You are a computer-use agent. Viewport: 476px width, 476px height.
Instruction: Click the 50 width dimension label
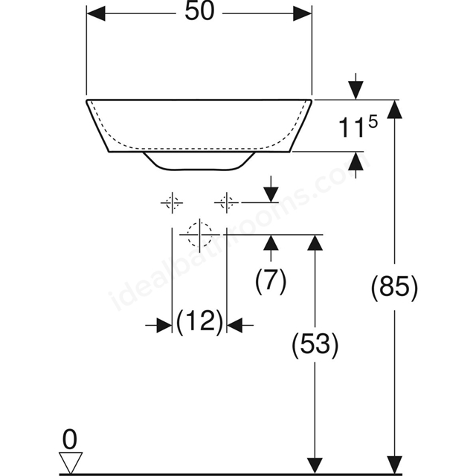pos(199,12)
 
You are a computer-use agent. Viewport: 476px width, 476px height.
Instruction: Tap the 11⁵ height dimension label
pos(358,126)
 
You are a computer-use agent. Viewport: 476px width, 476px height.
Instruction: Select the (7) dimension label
pos(271,281)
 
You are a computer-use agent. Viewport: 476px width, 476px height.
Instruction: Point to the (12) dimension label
pos(199,322)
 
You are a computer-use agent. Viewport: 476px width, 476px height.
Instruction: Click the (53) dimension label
pos(315,345)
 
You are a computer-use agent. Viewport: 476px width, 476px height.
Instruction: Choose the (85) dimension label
pos(394,287)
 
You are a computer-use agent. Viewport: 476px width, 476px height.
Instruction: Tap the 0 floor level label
pos(70,440)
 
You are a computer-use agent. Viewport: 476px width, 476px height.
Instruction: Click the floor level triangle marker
pos(71,463)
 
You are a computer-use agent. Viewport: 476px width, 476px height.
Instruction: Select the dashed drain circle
pos(199,235)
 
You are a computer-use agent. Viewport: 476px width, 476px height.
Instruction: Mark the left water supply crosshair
pos(172,202)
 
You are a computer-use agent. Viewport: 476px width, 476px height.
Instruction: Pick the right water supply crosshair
pos(226,202)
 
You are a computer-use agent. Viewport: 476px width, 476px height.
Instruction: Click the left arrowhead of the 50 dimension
pos(96,13)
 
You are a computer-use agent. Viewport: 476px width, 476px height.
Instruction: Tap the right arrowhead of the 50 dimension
pos(303,13)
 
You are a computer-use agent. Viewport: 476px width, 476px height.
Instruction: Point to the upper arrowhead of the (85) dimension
pos(395,109)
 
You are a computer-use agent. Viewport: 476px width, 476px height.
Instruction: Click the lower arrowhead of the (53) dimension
pos(315,464)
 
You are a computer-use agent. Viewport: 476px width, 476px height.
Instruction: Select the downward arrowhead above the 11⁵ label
pos(356,90)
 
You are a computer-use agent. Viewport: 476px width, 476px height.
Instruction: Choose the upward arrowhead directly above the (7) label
pos(271,244)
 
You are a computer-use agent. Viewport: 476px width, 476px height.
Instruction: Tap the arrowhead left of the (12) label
pos(164,325)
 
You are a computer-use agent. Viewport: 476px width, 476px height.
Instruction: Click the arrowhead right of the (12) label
pos(234,325)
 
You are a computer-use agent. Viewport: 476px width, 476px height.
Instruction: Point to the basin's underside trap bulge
pos(199,161)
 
